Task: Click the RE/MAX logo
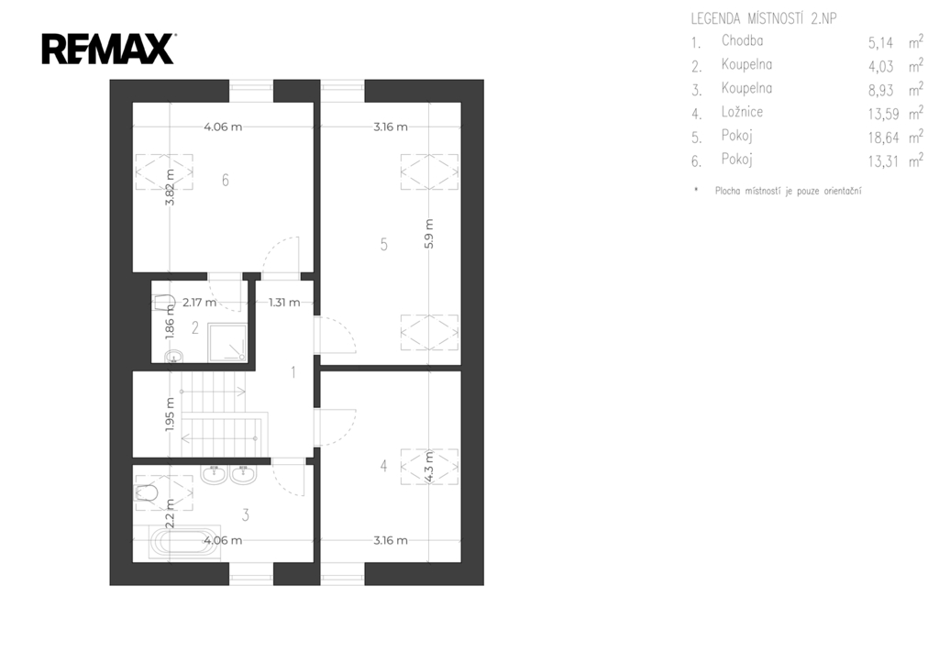(108, 50)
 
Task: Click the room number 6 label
(226, 180)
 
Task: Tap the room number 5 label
(384, 244)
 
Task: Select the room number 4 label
(384, 465)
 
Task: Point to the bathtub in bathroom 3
(185, 542)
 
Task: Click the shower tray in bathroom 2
(227, 343)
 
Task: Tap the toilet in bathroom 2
(164, 303)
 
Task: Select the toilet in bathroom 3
(147, 493)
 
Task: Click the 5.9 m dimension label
(429, 234)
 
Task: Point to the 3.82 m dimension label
(170, 187)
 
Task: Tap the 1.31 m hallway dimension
(284, 303)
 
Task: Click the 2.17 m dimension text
(199, 303)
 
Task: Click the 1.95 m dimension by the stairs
(170, 414)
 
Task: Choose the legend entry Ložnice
(742, 112)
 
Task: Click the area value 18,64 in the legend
(884, 138)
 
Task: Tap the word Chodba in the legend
(742, 40)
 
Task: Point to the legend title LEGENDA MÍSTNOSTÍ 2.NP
(764, 18)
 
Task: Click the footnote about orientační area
(788, 191)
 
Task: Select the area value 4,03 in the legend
(881, 66)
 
